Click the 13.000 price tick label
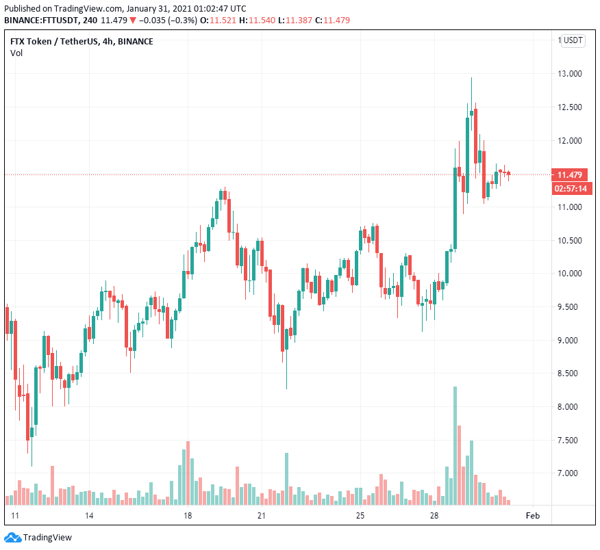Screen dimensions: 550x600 (571, 74)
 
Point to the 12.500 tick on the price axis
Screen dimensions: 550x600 (571, 107)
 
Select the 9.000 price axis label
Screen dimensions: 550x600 (571, 340)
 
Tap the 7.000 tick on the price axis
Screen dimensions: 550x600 (571, 473)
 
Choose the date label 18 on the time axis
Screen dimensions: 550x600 (188, 515)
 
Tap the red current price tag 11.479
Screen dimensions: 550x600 (569, 174)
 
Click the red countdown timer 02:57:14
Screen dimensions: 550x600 (569, 188)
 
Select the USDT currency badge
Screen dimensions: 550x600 (573, 41)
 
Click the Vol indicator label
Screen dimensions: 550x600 (16, 53)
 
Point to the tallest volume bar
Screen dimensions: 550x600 (455, 445)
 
